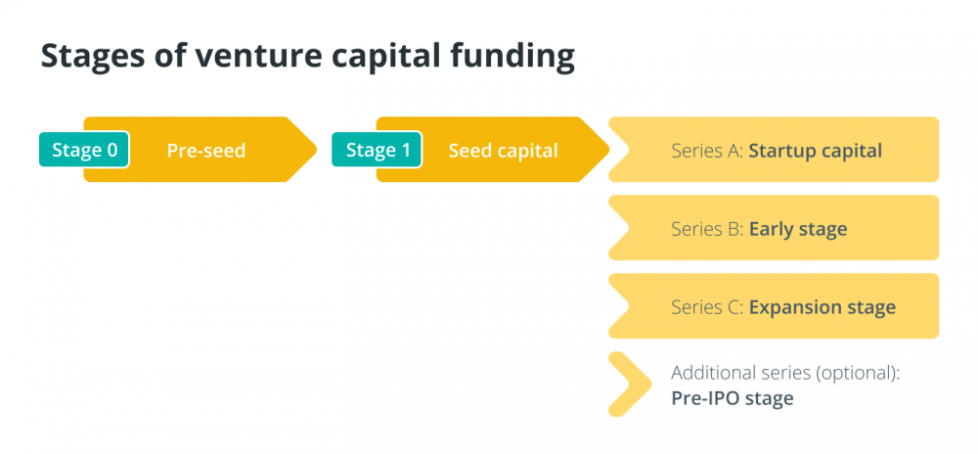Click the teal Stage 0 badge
[x=84, y=150]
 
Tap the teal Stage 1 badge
[x=377, y=150]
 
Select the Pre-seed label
[x=205, y=151]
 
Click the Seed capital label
[x=504, y=151]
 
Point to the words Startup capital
[x=816, y=151]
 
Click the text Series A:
[x=707, y=151]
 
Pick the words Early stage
[x=798, y=230]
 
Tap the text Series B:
[x=707, y=230]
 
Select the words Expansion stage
[x=822, y=307]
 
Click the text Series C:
[x=707, y=307]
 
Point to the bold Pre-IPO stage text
[x=733, y=398]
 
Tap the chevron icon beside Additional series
[x=630, y=385]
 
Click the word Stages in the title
[x=82, y=56]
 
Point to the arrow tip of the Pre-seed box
[x=316, y=150]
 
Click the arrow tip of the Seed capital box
[x=608, y=150]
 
